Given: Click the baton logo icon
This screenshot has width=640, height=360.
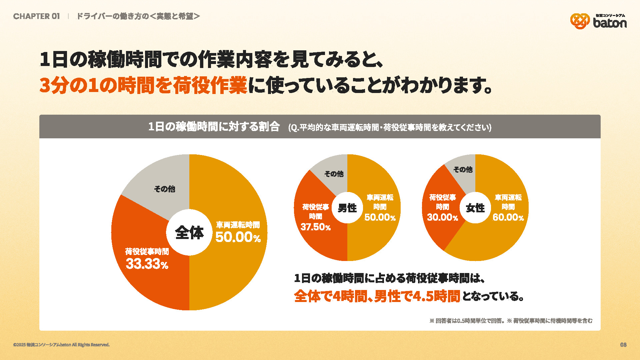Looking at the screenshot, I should [x=580, y=21].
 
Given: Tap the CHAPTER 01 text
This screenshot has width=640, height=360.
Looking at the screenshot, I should [x=36, y=16].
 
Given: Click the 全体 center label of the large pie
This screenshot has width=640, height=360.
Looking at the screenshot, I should [x=189, y=232].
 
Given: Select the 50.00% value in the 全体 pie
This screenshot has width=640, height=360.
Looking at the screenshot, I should [x=238, y=237].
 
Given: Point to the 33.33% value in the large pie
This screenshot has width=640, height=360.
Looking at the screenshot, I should [x=147, y=264].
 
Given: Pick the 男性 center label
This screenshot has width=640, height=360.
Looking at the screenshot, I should [x=347, y=208].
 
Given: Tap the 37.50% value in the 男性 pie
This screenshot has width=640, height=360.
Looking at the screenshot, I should [x=315, y=227].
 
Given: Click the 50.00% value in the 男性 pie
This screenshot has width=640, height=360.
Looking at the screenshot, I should [x=380, y=217].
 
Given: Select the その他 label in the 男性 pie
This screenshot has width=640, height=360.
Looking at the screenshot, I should [x=334, y=174].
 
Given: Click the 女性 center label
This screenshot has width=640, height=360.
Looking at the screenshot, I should [x=475, y=208].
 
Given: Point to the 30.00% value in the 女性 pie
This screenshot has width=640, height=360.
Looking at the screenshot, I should [x=442, y=217].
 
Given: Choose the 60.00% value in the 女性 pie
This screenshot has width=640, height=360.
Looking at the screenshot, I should [x=508, y=217].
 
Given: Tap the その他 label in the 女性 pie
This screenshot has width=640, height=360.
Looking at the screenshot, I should [x=463, y=169].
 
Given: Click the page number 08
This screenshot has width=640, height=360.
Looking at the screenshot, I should [x=623, y=345].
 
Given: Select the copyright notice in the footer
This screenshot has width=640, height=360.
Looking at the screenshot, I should [x=61, y=345].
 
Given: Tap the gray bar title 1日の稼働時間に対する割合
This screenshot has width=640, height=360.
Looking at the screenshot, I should [x=214, y=127].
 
